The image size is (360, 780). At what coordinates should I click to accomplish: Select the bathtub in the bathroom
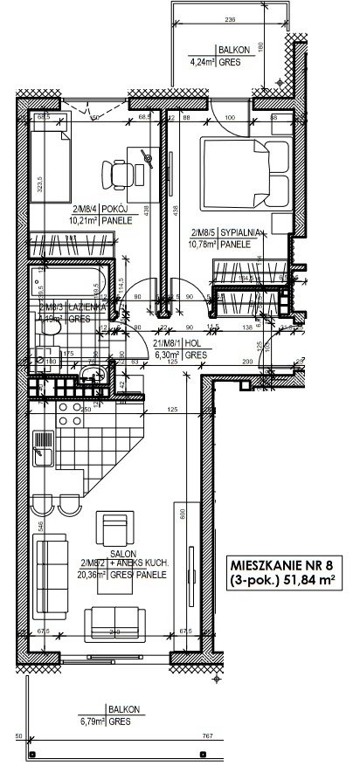(66, 284)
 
